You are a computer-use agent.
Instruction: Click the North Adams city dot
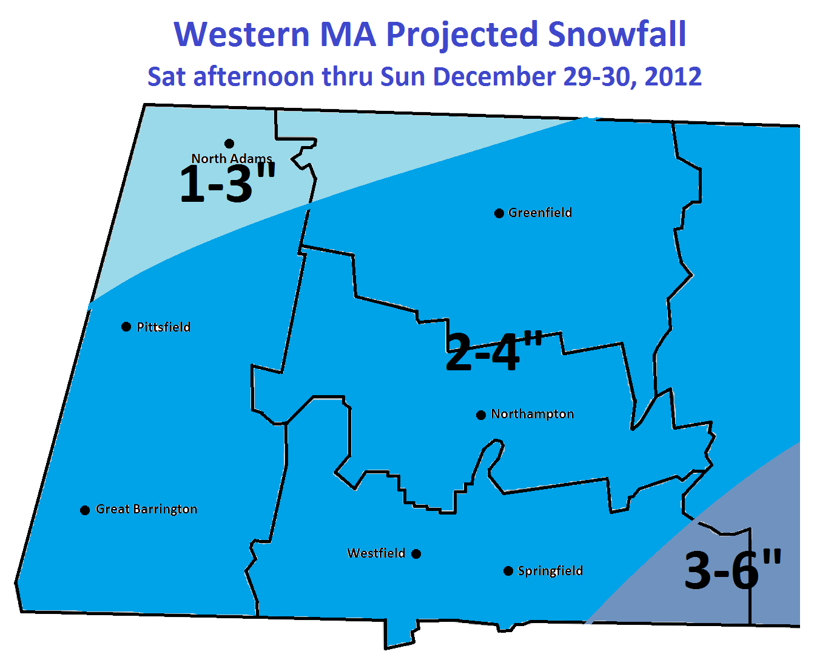229,144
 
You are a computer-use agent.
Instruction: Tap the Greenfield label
540,213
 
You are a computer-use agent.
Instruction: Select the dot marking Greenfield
499,213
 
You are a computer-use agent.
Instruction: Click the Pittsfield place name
163,327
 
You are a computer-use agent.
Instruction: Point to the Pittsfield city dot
126,327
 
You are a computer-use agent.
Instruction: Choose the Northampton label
532,414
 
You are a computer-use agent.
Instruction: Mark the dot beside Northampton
481,415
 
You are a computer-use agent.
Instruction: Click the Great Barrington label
146,509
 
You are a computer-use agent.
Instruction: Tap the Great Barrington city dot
85,510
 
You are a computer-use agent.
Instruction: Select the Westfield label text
376,553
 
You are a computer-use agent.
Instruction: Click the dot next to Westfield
416,554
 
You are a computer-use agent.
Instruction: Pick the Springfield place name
550,571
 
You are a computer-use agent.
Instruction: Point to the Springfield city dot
508,571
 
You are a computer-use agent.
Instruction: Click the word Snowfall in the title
617,34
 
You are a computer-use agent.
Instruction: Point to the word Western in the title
242,34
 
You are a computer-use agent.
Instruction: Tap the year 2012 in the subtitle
673,76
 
